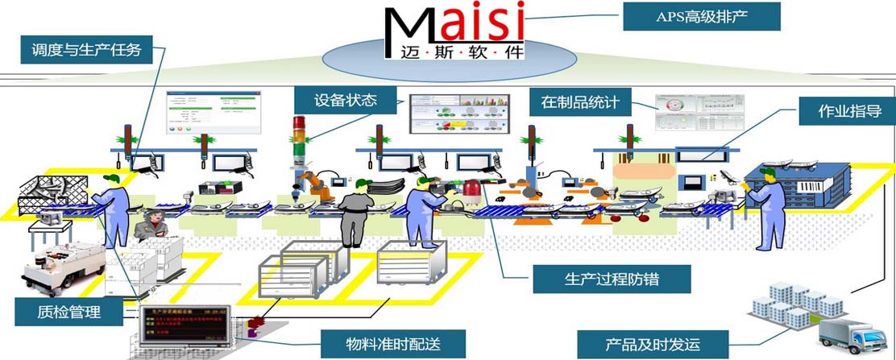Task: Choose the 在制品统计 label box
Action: [x=579, y=102]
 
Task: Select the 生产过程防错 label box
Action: [x=612, y=279]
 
